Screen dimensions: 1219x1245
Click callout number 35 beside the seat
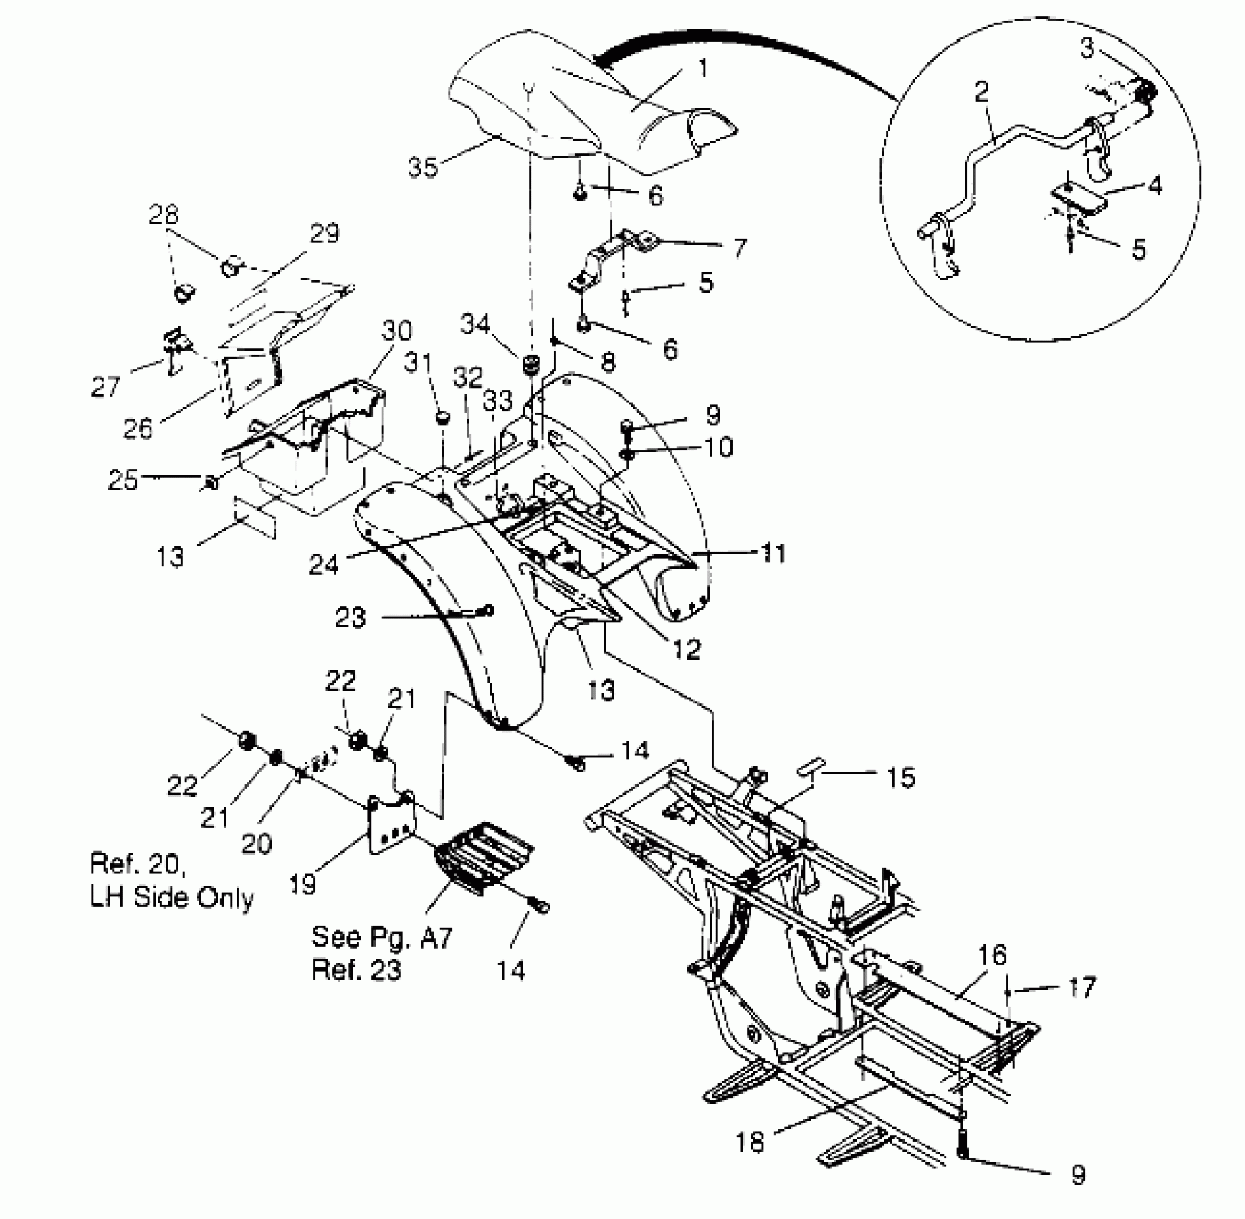point(423,167)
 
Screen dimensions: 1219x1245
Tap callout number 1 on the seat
point(703,69)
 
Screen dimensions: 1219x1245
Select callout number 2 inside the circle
point(981,92)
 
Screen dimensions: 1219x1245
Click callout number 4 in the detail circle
point(1155,186)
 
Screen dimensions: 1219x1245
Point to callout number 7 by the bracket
point(740,249)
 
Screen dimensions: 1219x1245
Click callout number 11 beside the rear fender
point(773,553)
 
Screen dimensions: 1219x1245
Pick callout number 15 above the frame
point(901,777)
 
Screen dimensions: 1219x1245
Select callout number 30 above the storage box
point(396,331)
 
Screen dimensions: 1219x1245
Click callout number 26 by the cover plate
point(138,428)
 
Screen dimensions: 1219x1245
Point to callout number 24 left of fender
point(323,565)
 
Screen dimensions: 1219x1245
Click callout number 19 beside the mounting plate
point(302,883)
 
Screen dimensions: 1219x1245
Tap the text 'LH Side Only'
point(172,898)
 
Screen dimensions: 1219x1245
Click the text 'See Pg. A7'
point(382,937)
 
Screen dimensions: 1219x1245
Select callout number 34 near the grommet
point(474,325)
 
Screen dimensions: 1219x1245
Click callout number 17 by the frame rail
point(1082,987)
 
